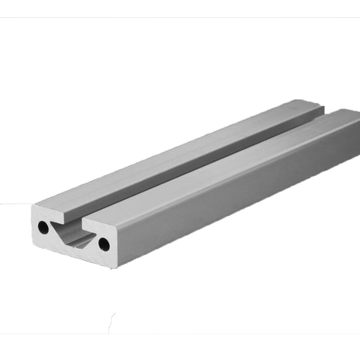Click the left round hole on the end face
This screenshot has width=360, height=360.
[43, 228]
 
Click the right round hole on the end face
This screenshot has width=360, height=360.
[104, 244]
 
